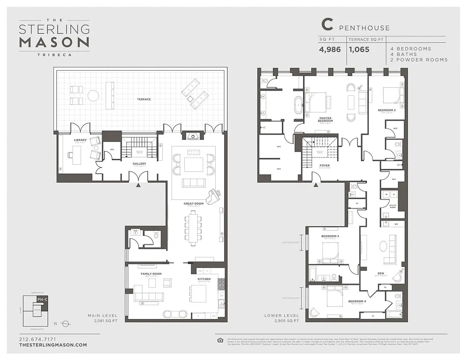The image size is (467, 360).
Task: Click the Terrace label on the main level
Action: click(144, 99)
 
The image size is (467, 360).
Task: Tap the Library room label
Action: click(80, 140)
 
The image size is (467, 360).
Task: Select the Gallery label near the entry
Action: click(139, 164)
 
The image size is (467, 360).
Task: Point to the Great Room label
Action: click(193, 203)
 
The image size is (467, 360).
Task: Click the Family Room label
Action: click(151, 274)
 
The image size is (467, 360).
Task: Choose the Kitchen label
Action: click(204, 279)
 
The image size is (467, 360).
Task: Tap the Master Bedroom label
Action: click(325, 119)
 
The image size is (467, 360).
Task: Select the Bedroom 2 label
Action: click(386, 110)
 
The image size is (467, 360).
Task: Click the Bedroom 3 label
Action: click(330, 236)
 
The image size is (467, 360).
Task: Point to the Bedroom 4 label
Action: click(358, 301)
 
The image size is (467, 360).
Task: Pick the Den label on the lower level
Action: click(381, 273)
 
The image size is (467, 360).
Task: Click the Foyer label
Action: click(325, 165)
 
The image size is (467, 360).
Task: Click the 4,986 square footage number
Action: click(330, 49)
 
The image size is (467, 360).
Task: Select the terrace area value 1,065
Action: click(359, 49)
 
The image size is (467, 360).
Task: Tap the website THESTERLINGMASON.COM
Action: click(53, 345)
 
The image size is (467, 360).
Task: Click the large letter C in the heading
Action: click(327, 25)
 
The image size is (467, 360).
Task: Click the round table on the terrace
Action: click(93, 95)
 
